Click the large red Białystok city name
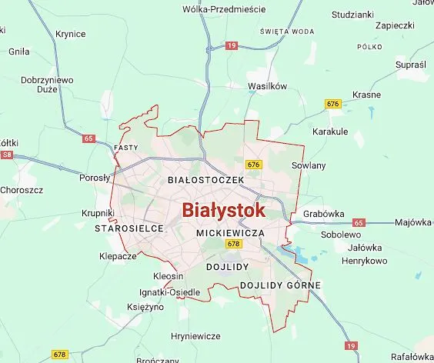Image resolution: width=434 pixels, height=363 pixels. point(224,210)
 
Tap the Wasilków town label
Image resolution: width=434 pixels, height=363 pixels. point(267,86)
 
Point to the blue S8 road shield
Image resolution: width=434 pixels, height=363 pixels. point(8,155)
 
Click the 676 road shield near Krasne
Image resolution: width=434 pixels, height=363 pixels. point(333,103)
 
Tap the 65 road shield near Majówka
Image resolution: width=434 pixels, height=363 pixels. point(358,222)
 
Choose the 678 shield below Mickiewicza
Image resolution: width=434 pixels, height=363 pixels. point(234,244)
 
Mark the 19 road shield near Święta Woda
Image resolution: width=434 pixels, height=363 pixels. point(232,46)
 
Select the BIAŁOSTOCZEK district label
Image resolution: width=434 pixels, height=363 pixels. point(205,179)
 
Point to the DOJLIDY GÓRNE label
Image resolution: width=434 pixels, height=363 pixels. point(280,285)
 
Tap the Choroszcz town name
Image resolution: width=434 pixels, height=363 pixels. point(22,189)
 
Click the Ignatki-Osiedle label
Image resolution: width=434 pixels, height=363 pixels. point(169,292)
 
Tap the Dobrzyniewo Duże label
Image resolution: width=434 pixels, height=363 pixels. point(47,84)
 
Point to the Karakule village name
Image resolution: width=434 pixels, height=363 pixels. point(331,132)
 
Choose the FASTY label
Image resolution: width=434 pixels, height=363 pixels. point(125,147)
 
